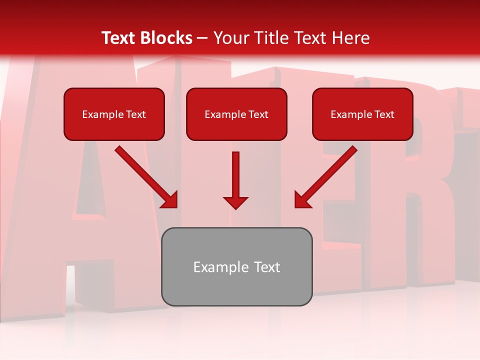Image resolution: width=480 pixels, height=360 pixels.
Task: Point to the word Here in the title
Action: tap(351, 38)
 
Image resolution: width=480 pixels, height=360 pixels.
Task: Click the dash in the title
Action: tap(202, 38)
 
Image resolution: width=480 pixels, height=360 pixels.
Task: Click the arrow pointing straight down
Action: tap(235, 177)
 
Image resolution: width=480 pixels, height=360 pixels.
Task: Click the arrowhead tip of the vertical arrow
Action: tap(235, 207)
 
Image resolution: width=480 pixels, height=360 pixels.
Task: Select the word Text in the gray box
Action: tap(266, 267)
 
